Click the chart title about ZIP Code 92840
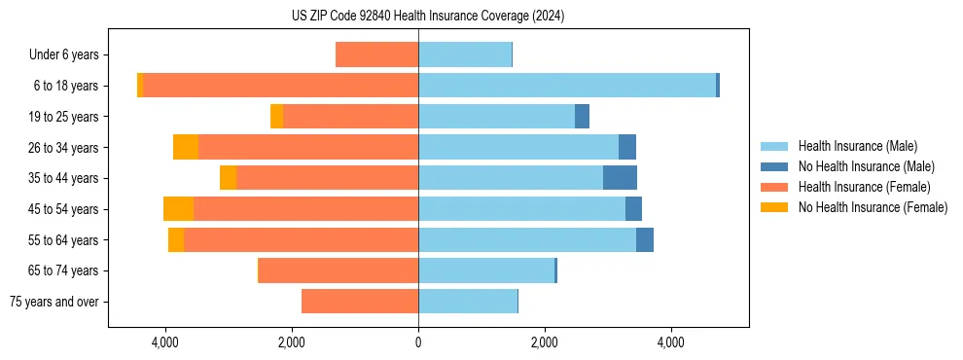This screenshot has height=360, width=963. point(428,17)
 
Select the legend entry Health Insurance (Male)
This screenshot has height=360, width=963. point(857,146)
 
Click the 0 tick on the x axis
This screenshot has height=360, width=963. point(418,342)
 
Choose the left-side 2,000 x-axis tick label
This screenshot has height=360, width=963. point(292,342)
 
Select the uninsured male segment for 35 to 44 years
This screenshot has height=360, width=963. point(620,178)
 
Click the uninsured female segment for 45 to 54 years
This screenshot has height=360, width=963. point(178,209)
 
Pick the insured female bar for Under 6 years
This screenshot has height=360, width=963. point(376,55)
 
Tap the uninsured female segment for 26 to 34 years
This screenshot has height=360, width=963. point(186,147)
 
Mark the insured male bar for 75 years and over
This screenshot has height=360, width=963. point(468,302)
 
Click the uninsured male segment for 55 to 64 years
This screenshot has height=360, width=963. point(645,240)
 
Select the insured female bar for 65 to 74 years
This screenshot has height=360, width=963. point(339,270)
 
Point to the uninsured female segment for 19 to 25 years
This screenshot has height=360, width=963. point(276,117)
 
